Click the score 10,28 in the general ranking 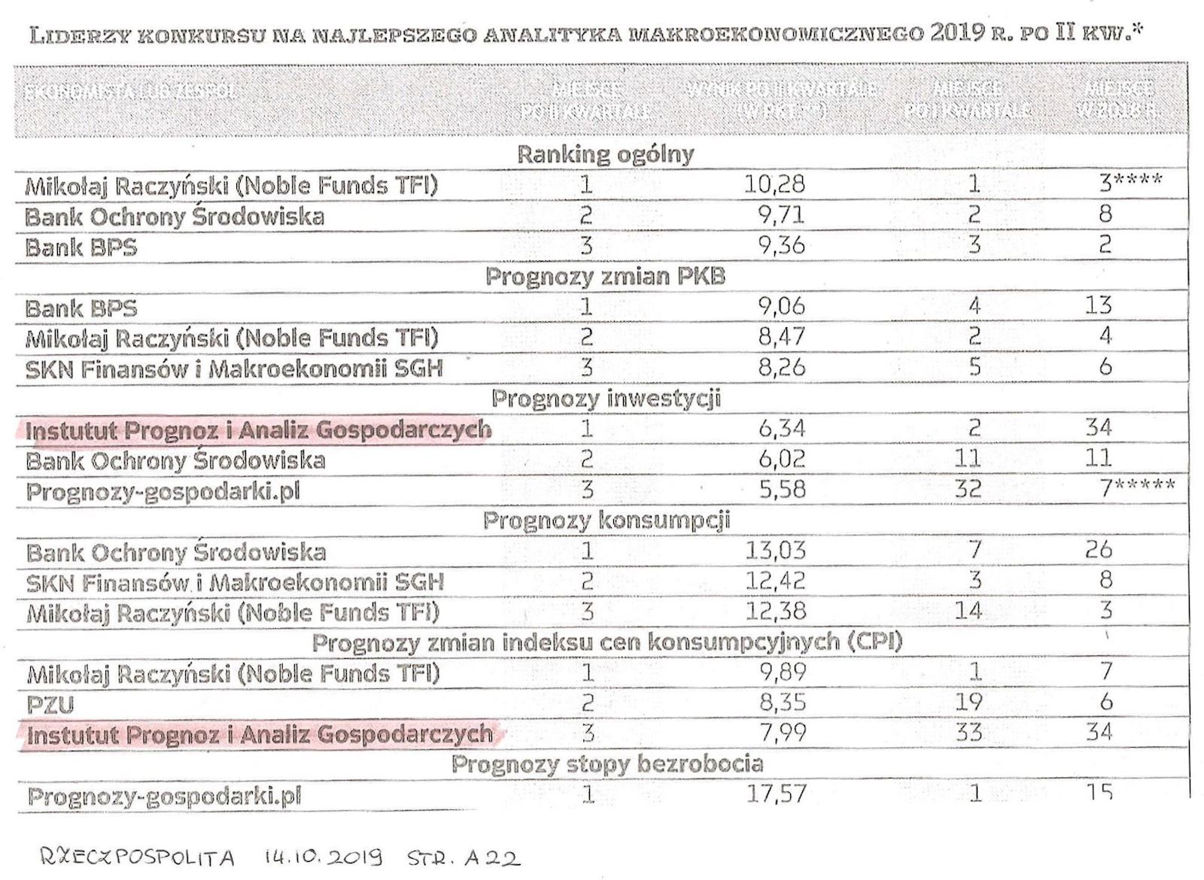774,184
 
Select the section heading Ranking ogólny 605,154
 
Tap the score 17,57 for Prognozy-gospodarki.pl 776,793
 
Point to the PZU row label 50,705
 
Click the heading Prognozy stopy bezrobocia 607,764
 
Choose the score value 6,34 782,429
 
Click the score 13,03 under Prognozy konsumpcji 775,550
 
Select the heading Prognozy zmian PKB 605,276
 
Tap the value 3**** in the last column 1130,181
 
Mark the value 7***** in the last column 1136,488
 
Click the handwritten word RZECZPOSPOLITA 136,857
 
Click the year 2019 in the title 956,32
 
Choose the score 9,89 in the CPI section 783,672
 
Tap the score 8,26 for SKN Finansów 782,367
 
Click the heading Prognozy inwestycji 606,398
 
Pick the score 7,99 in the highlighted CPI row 783,732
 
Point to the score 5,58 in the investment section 782,490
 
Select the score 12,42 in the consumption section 775,581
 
